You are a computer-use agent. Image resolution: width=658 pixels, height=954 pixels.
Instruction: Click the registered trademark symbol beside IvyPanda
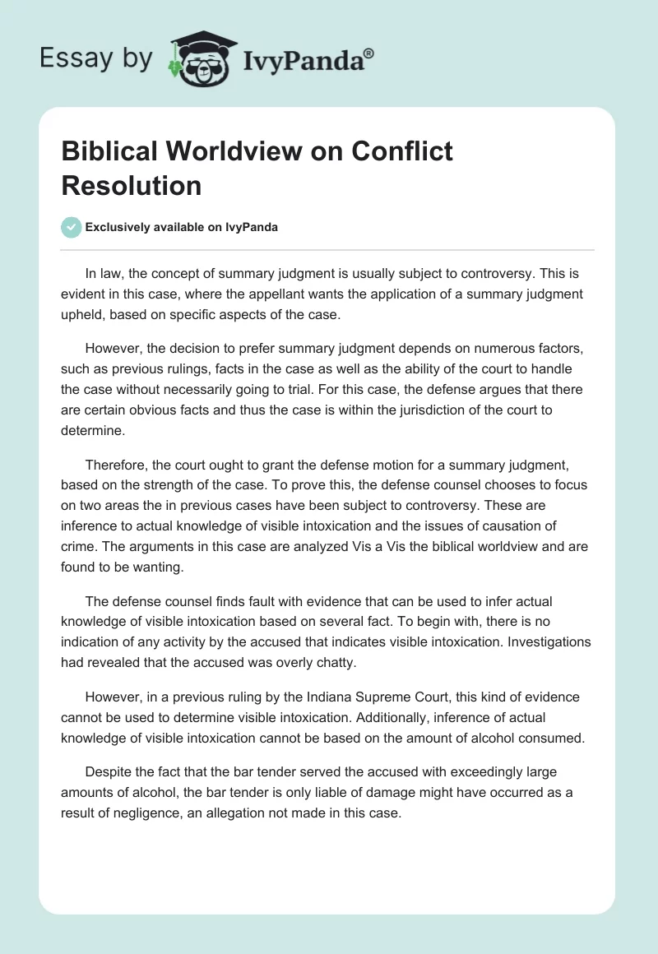369,53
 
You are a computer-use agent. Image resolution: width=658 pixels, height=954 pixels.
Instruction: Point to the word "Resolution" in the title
132,185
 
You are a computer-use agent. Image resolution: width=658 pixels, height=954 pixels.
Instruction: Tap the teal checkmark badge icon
72,227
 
